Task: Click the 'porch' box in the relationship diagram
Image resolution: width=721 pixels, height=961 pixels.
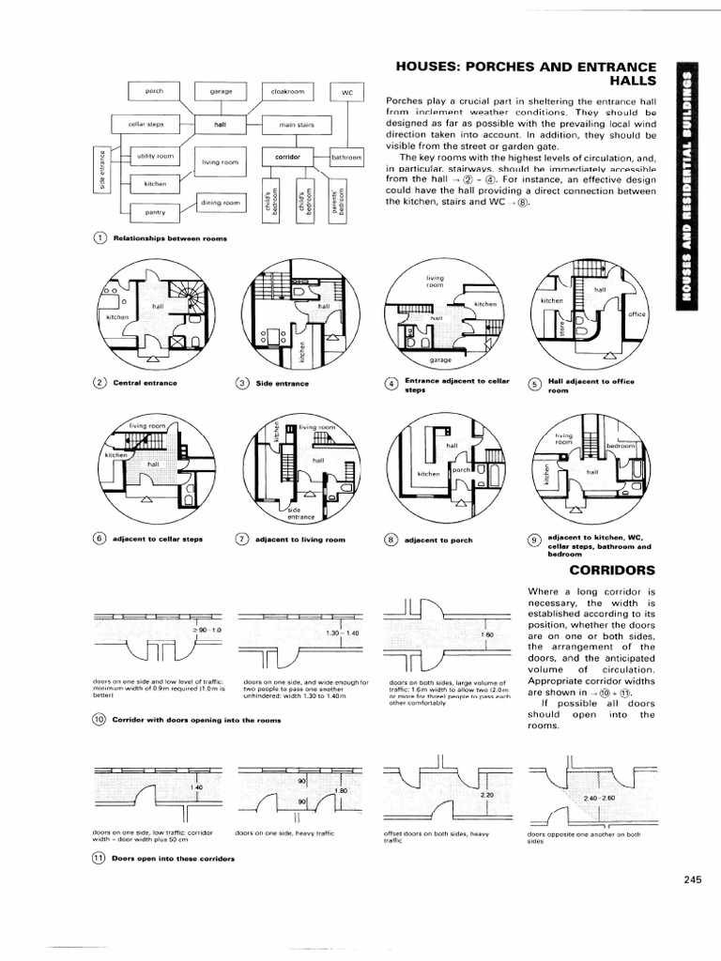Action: [x=155, y=91]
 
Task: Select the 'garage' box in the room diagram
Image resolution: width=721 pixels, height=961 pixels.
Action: [x=221, y=91]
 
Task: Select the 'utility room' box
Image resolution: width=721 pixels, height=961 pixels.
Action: [x=155, y=155]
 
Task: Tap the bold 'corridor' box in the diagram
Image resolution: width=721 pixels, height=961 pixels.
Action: [x=286, y=156]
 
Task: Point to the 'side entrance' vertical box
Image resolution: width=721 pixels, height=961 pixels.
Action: [x=101, y=169]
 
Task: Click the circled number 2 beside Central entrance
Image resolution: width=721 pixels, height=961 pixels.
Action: [x=99, y=383]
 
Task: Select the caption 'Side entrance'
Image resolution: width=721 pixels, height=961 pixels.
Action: [x=277, y=383]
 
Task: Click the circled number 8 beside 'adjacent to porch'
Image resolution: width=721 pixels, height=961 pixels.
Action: [x=391, y=542]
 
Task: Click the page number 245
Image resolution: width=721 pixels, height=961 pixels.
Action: [x=693, y=879]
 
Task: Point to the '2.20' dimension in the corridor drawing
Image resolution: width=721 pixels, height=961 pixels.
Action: [x=486, y=794]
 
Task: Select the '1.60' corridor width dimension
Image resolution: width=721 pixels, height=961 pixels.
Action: [x=486, y=634]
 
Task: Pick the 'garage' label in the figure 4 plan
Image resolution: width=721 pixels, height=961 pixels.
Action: [x=440, y=359]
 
